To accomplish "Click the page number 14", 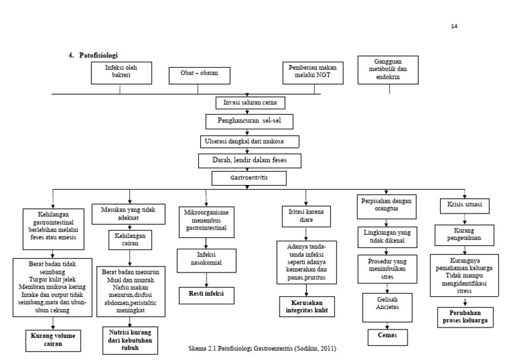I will tap(454, 26).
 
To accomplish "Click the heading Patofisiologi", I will tap(99, 55).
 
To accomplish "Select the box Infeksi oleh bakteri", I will tap(123, 72).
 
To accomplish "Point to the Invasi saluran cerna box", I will tap(251, 103).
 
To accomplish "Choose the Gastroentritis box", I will tap(249, 178).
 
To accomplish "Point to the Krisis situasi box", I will tap(465, 206).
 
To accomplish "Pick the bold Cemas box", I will tap(388, 337).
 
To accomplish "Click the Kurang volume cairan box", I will tap(52, 341).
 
